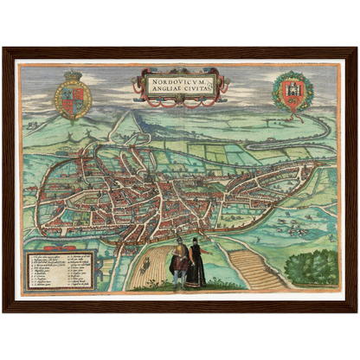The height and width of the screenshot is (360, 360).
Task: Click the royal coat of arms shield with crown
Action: pyautogui.click(x=73, y=98)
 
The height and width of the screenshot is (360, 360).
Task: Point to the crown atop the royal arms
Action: pyautogui.click(x=73, y=77)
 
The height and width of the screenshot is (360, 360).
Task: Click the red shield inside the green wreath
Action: pyautogui.click(x=290, y=92)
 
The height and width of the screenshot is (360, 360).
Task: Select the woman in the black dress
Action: pyautogui.click(x=197, y=264)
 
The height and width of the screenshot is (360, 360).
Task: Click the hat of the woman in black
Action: pyautogui.click(x=196, y=241)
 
